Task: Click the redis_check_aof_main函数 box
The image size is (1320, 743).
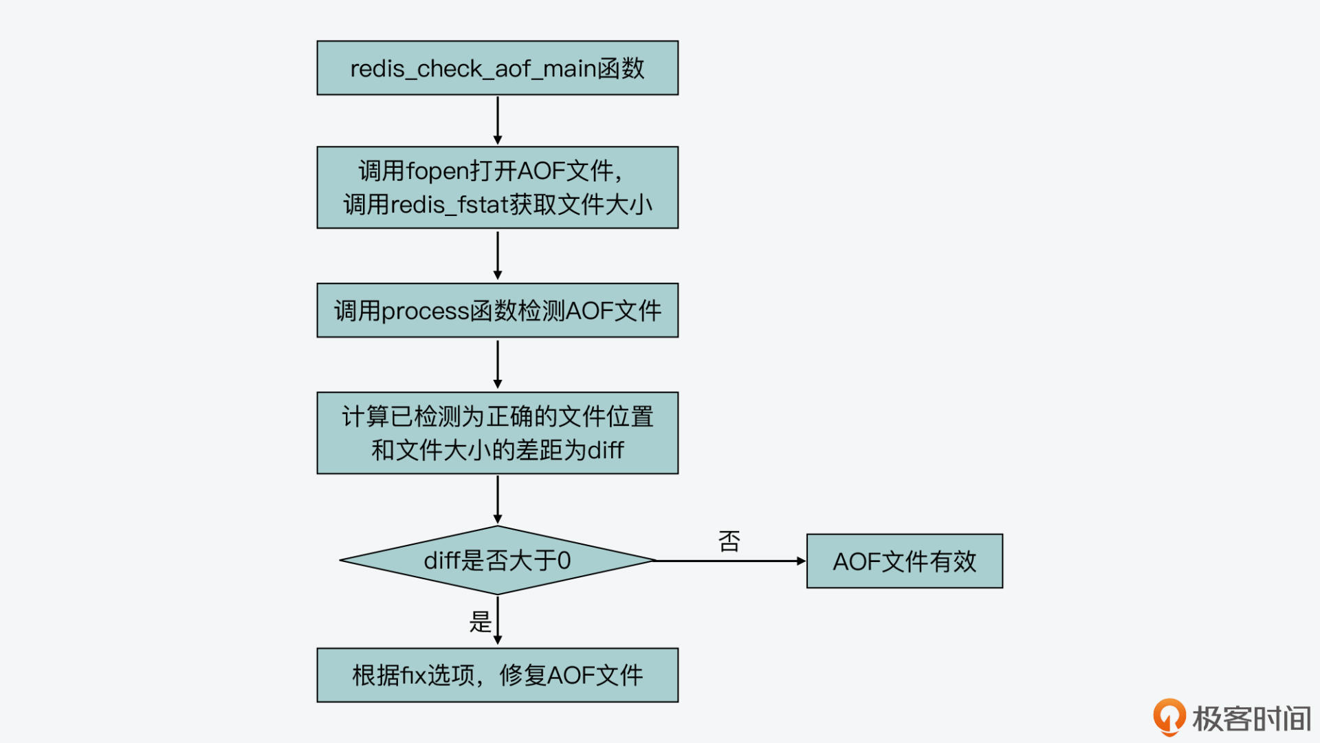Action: [497, 68]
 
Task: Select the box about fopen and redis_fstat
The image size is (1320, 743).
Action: [497, 187]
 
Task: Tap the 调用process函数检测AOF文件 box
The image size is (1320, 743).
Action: [497, 310]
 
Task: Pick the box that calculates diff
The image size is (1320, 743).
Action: [497, 433]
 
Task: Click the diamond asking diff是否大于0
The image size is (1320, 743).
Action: [497, 561]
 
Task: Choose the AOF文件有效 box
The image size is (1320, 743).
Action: [904, 561]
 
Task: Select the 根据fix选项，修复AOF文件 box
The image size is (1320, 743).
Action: [497, 675]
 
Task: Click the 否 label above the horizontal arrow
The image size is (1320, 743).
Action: [729, 541]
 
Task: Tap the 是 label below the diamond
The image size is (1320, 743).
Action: [480, 622]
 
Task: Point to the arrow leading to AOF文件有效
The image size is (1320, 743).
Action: [730, 561]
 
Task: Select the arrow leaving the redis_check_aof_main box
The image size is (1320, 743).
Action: [498, 120]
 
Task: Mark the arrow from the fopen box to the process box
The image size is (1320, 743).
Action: [498, 255]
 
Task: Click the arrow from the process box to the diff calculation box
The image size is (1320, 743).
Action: [498, 365]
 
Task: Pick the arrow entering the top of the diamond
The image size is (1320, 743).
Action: [498, 499]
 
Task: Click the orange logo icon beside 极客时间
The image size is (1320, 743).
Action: [1169, 717]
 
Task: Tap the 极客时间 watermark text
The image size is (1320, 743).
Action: [1251, 719]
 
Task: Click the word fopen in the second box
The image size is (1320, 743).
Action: [437, 171]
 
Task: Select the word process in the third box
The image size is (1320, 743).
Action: [425, 312]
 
